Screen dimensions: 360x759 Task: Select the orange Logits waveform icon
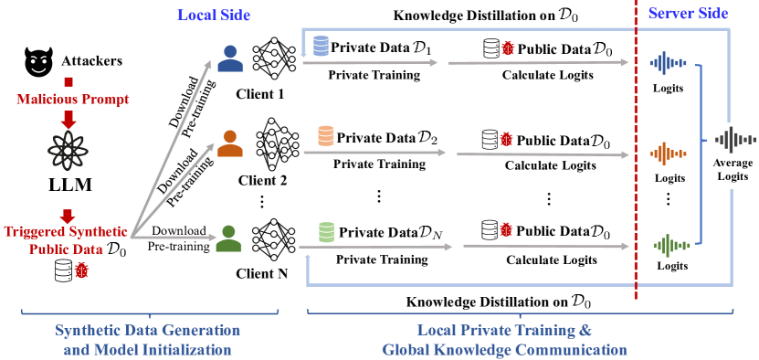(668, 152)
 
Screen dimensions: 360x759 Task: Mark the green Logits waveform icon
(668, 244)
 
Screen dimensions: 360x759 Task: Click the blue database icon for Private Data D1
(320, 46)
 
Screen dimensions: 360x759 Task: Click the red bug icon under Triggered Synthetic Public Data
(82, 271)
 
